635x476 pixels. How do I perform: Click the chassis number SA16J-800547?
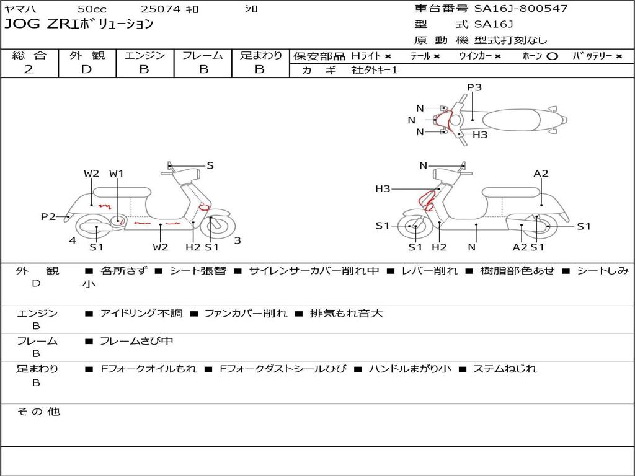tap(521, 9)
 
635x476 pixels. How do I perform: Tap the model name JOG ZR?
tap(37, 24)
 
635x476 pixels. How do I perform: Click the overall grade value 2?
tap(29, 69)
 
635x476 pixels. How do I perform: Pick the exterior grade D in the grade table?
tap(86, 69)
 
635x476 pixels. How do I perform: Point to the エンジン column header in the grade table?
tap(144, 55)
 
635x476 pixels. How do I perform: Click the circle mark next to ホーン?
tap(552, 56)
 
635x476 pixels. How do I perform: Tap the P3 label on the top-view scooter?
tap(474, 87)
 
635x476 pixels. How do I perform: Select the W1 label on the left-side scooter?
tap(116, 174)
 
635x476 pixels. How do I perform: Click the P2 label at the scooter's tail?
tap(48, 216)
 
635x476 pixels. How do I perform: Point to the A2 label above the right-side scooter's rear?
tap(541, 174)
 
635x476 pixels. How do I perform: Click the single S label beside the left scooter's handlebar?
tap(210, 165)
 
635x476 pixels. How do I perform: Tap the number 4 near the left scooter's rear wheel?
tap(73, 240)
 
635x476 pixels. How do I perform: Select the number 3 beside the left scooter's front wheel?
tap(238, 240)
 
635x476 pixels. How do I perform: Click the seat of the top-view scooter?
tap(511, 120)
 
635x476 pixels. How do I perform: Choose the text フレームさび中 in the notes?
tap(136, 342)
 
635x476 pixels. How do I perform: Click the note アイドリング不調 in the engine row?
tap(141, 313)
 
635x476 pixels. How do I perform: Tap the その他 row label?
tap(38, 412)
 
